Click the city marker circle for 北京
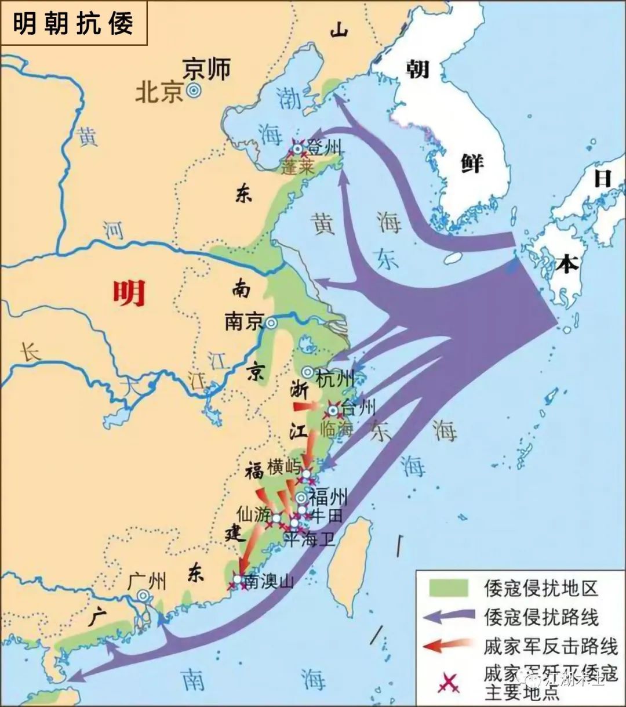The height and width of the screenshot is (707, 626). click(194, 90)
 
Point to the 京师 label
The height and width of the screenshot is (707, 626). click(206, 69)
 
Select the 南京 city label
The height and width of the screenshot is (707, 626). click(243, 322)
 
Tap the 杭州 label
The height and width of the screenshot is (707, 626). click(335, 379)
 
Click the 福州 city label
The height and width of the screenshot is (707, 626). click(329, 497)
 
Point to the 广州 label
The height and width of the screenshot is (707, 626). click(147, 581)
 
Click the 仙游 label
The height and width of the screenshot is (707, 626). click(253, 514)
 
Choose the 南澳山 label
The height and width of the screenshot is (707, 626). click(268, 581)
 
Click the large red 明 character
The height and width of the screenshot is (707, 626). click(129, 293)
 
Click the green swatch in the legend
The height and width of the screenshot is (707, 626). click(448, 588)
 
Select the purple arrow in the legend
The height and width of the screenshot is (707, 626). click(448, 617)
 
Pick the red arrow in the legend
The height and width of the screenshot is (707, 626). click(448, 645)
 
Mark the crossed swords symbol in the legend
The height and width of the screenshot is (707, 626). click(448, 682)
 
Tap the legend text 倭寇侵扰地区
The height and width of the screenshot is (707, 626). click(540, 588)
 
